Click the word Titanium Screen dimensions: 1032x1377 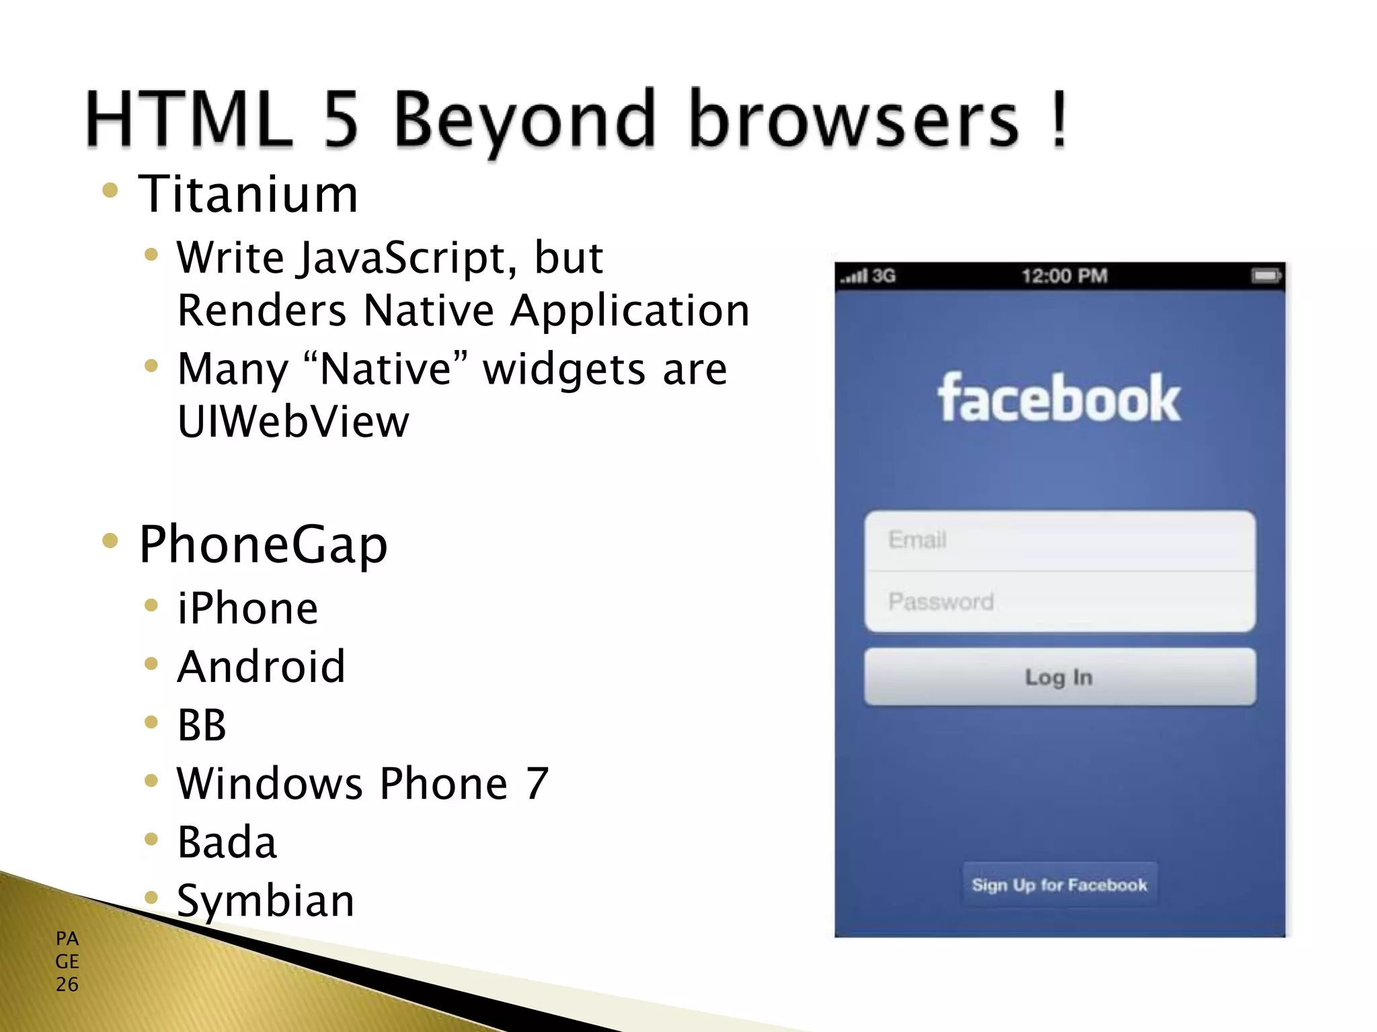point(248,195)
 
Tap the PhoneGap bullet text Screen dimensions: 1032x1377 point(263,545)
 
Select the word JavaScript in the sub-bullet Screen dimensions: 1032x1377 point(407,259)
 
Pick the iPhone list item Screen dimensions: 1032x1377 point(247,609)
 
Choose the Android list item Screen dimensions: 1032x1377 point(262,667)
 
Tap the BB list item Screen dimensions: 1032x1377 point(202,726)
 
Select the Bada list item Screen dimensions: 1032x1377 point(227,843)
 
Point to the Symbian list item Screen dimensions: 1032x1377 point(266,901)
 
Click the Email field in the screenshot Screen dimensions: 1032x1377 point(1060,540)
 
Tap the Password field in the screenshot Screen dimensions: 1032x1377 point(1060,602)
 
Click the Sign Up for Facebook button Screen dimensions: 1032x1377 point(1060,885)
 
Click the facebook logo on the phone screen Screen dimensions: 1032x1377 point(1059,399)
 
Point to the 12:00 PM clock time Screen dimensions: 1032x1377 point(1064,276)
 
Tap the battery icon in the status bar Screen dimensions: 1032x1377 point(1266,276)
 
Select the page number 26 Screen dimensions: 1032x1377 point(67,984)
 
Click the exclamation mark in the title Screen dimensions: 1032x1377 point(1059,120)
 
